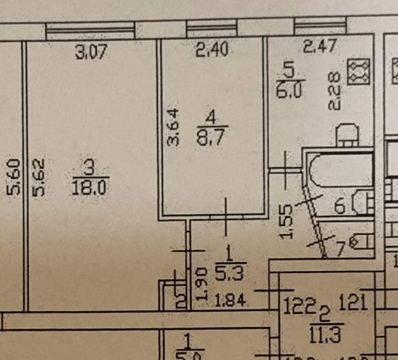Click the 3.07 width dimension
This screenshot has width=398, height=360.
(91, 53)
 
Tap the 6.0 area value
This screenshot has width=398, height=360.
(290, 88)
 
